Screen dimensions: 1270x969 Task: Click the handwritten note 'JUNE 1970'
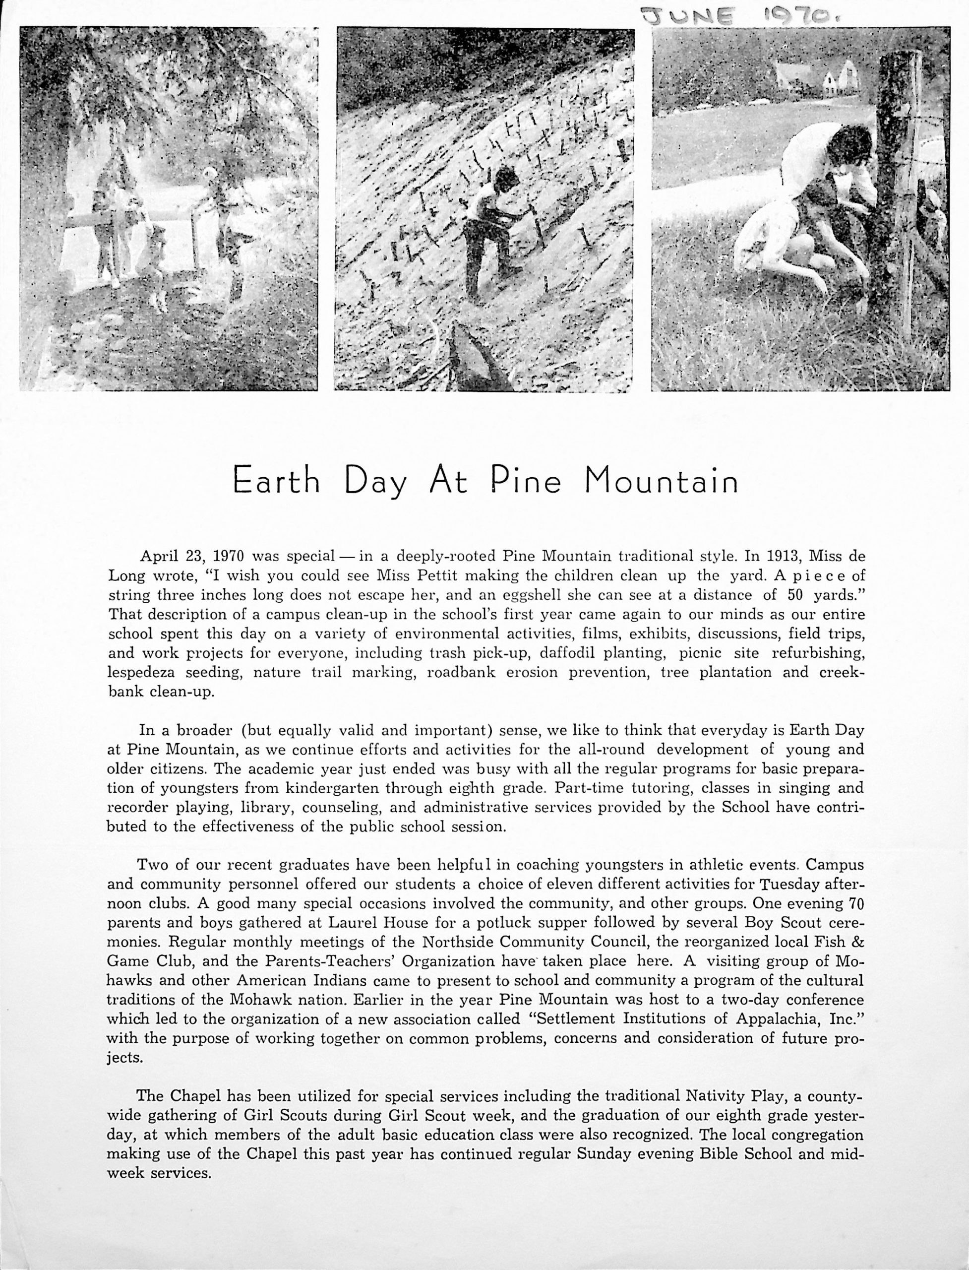click(x=733, y=13)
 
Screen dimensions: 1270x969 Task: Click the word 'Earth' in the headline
click(x=276, y=481)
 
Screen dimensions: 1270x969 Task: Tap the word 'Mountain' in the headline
click(x=661, y=481)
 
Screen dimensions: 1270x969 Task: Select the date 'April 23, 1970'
click(x=192, y=556)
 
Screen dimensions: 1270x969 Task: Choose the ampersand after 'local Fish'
click(x=858, y=942)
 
